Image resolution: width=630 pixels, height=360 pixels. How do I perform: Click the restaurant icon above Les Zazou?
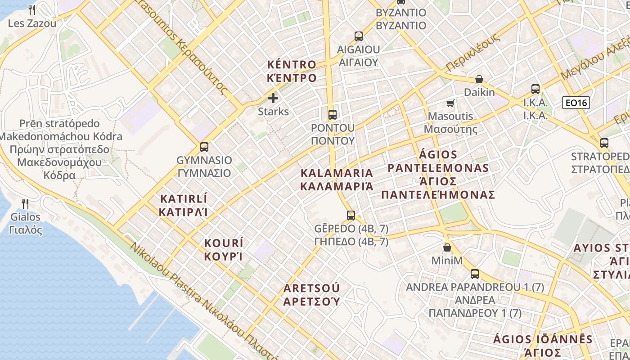click(31, 9)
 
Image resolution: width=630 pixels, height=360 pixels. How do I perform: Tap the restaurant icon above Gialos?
click(25, 203)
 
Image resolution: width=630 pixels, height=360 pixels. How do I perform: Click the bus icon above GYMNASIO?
click(204, 147)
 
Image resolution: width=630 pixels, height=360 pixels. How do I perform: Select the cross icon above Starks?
click(273, 98)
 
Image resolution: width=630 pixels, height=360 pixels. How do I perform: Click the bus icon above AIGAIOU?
click(358, 36)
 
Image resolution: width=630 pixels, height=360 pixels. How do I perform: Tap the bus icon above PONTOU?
click(332, 114)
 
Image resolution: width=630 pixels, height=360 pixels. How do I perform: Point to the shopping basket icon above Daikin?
click(479, 80)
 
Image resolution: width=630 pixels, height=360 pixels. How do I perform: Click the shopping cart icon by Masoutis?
click(450, 103)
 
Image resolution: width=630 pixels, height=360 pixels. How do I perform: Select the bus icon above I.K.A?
click(535, 89)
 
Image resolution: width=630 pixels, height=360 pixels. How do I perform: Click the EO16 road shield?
click(576, 103)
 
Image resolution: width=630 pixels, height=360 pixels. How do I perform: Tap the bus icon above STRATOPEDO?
click(604, 143)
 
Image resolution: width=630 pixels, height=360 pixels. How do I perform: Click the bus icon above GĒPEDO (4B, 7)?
click(351, 215)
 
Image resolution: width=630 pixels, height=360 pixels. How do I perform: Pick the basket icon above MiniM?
click(447, 247)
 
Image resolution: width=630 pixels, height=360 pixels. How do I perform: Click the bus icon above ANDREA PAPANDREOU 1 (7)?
click(474, 274)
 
